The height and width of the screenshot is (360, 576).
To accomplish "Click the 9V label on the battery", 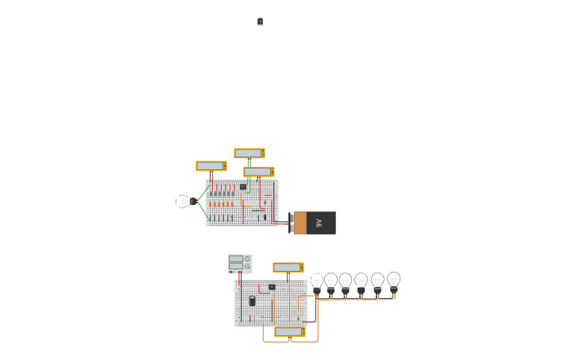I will (x=319, y=223).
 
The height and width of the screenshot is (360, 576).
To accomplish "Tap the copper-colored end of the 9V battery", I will (x=300, y=223).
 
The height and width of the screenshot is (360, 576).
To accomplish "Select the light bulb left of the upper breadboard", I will (x=184, y=202).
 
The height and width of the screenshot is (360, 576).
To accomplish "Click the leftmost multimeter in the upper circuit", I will (x=211, y=166).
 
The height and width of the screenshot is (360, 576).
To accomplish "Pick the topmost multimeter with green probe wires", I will (x=249, y=153).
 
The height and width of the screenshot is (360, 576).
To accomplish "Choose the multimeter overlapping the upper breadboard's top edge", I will (x=258, y=172).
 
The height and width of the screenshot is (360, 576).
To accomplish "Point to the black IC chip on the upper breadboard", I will (x=243, y=187).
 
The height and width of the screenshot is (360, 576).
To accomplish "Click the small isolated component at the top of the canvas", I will (x=260, y=22).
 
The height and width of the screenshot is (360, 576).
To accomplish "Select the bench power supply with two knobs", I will (x=240, y=263).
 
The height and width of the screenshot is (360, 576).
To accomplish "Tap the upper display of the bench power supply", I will (x=236, y=259).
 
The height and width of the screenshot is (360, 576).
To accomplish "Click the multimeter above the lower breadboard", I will (x=288, y=268).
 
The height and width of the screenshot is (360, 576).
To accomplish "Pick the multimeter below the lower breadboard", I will (x=289, y=331).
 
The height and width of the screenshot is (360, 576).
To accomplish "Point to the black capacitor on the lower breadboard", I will (x=253, y=301).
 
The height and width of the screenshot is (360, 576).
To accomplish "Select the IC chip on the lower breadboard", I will (x=272, y=287).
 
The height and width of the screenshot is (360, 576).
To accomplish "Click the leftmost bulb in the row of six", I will (x=317, y=282).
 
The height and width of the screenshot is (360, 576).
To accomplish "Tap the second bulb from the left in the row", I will (x=331, y=282).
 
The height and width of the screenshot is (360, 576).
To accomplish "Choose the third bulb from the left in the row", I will (x=346, y=282).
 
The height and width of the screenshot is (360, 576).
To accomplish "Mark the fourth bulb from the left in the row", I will (x=361, y=282).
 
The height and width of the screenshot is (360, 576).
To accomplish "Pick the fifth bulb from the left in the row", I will (x=377, y=282).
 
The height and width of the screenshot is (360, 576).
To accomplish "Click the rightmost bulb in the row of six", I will (x=393, y=281).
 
